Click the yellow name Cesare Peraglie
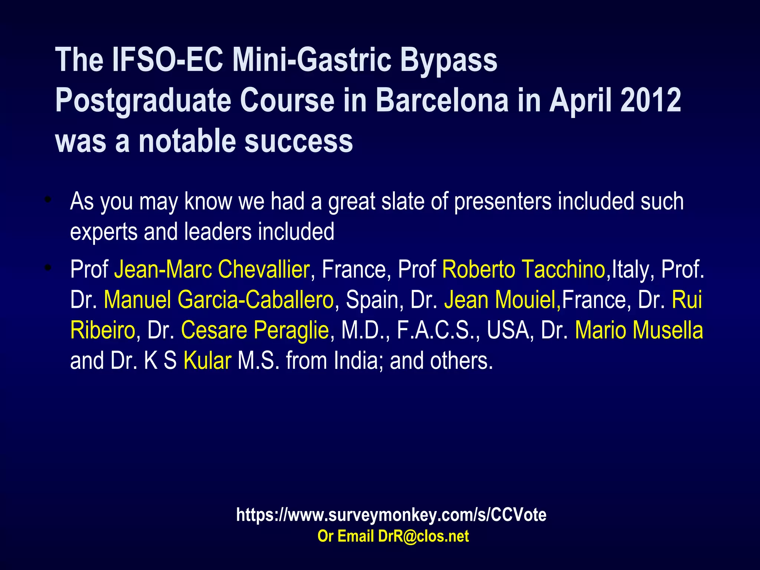(255, 330)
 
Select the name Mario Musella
(639, 330)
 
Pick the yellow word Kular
(207, 360)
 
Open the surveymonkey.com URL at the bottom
(391, 515)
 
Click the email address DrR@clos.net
(423, 536)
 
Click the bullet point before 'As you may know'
(47, 200)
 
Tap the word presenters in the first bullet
(503, 202)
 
